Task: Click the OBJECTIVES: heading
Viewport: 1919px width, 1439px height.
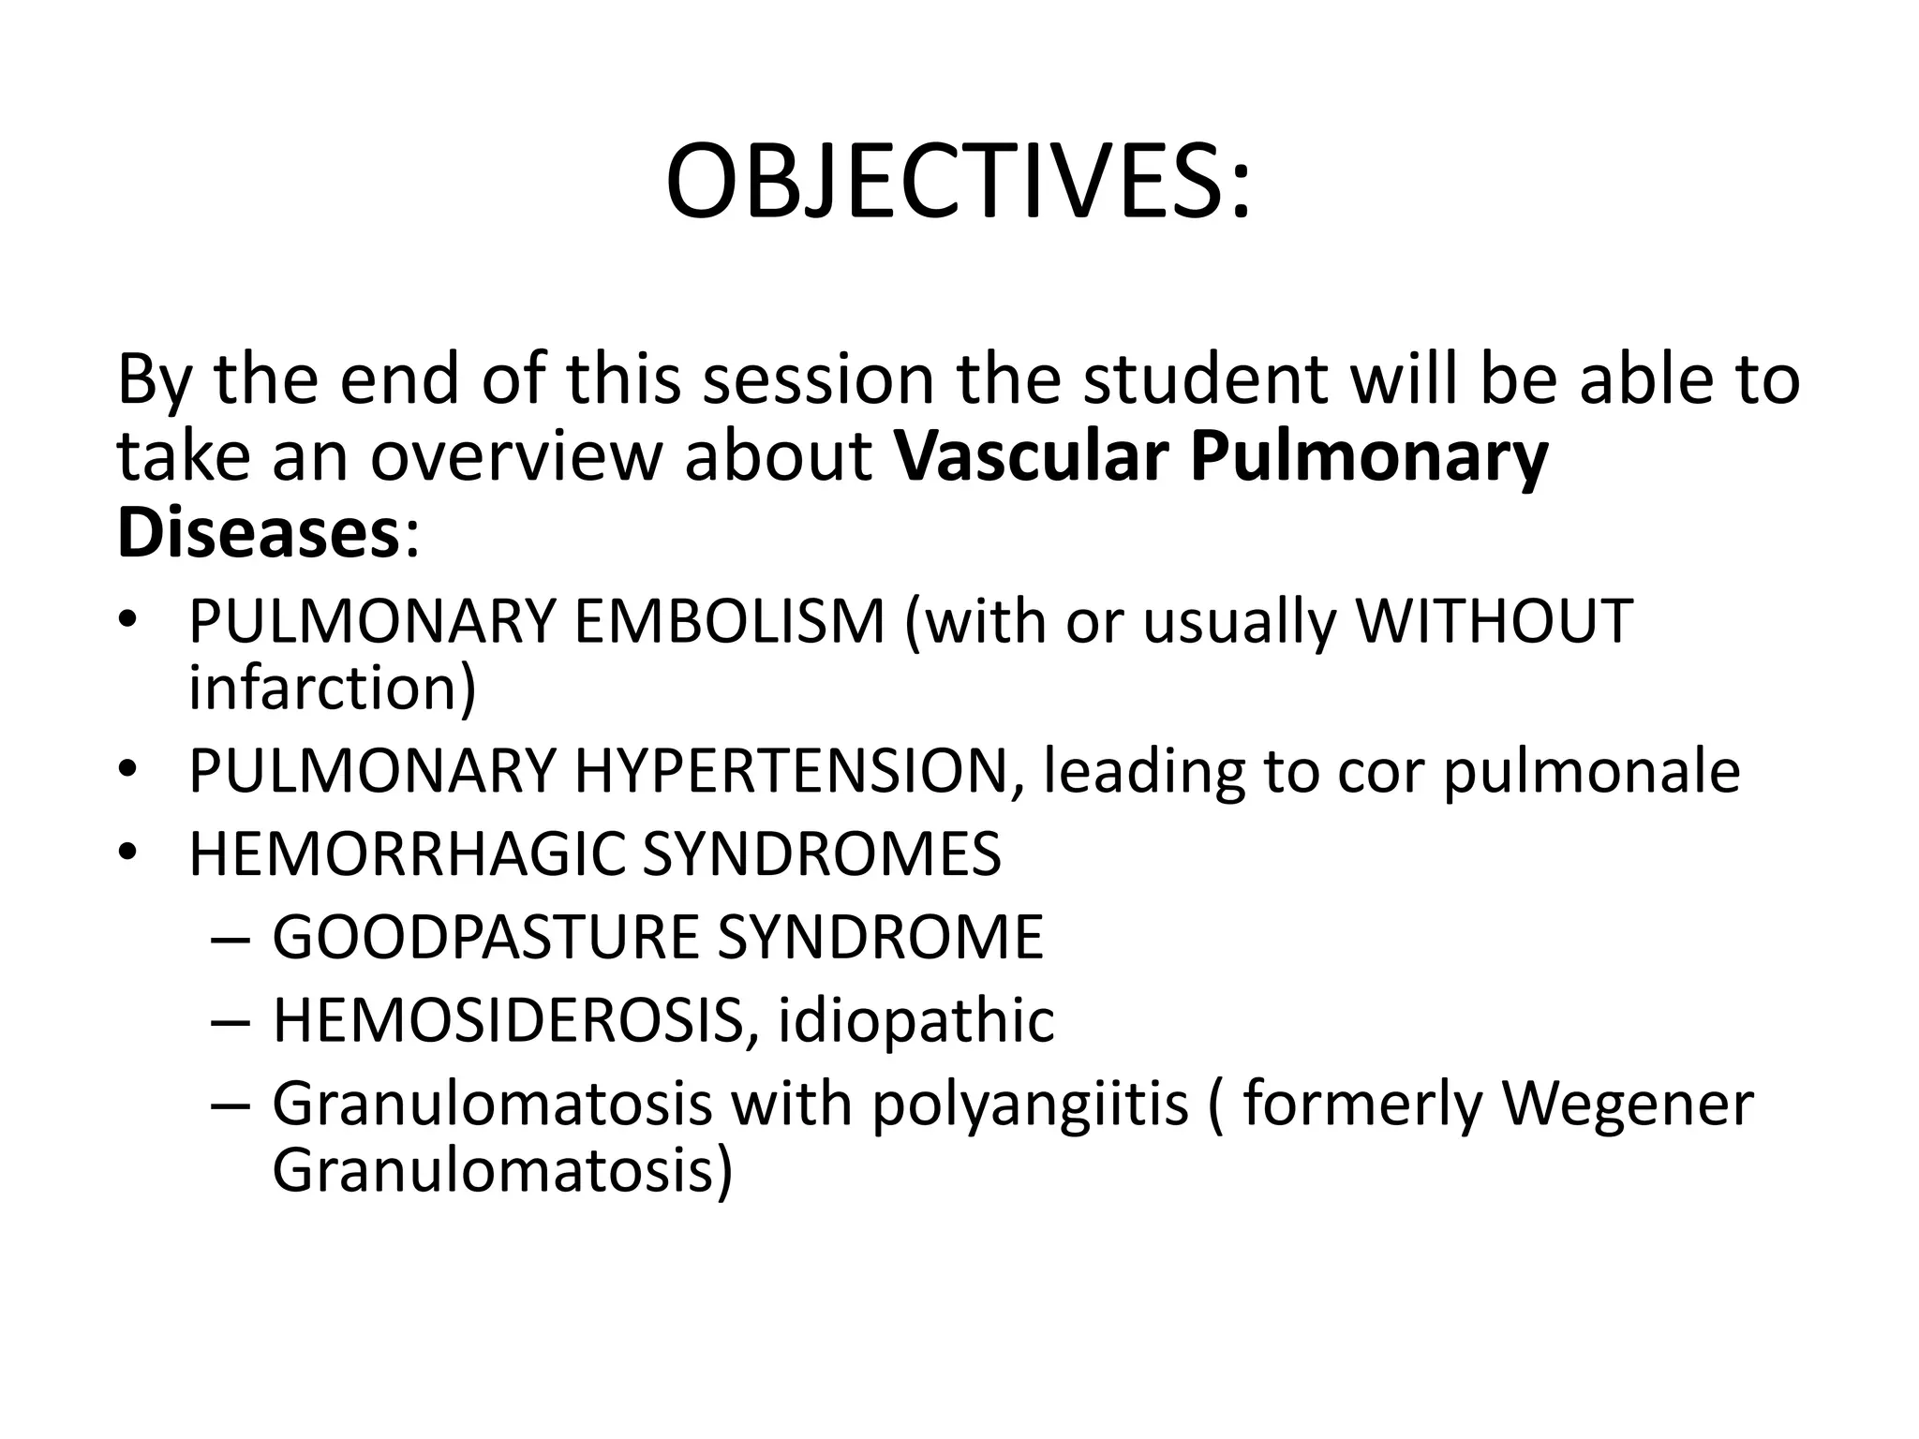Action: [958, 181]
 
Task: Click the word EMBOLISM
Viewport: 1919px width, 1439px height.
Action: [729, 621]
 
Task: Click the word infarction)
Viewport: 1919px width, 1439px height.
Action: [333, 689]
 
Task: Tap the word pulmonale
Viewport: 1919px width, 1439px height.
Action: [1590, 773]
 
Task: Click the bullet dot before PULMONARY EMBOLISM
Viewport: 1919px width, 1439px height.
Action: [128, 623]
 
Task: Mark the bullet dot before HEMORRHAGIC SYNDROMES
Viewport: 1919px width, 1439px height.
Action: [128, 853]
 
